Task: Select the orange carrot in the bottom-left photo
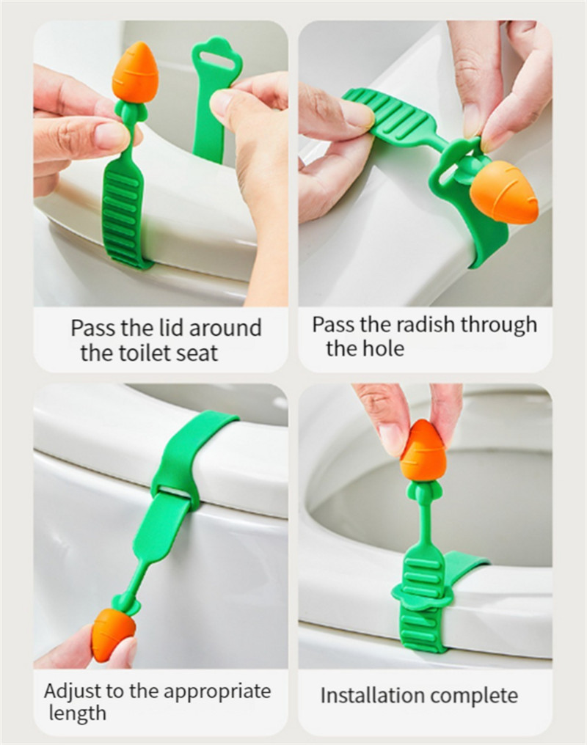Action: coord(114,635)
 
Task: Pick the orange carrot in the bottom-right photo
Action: coord(424,450)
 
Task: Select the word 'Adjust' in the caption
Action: coord(73,691)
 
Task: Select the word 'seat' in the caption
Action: coord(199,353)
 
